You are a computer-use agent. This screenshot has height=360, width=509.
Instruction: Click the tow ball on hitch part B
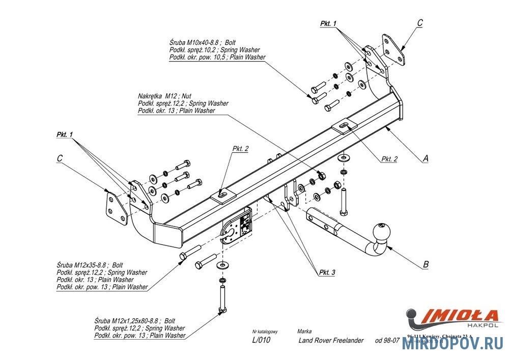(382, 232)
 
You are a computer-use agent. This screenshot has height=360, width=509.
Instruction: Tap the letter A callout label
(425, 158)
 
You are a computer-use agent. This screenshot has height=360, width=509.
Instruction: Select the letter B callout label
(426, 264)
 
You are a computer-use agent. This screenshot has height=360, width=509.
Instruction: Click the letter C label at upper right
(420, 23)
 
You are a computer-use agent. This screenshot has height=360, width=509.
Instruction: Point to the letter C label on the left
(60, 159)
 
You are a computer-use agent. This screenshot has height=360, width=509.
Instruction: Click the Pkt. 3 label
(327, 273)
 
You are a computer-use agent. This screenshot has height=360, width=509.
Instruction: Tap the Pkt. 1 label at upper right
(328, 23)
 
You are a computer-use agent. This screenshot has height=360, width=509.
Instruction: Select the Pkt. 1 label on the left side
(65, 134)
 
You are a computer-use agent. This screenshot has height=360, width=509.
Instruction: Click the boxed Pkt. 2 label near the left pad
(240, 149)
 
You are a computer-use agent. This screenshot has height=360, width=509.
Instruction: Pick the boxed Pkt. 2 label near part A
(389, 159)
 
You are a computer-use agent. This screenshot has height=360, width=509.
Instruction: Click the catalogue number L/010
(262, 340)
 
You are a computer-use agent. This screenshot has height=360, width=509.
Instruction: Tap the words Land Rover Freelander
(331, 340)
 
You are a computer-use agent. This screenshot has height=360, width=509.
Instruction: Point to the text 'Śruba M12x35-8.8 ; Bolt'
(90, 265)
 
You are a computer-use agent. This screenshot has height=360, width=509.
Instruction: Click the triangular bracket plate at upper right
(393, 49)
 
